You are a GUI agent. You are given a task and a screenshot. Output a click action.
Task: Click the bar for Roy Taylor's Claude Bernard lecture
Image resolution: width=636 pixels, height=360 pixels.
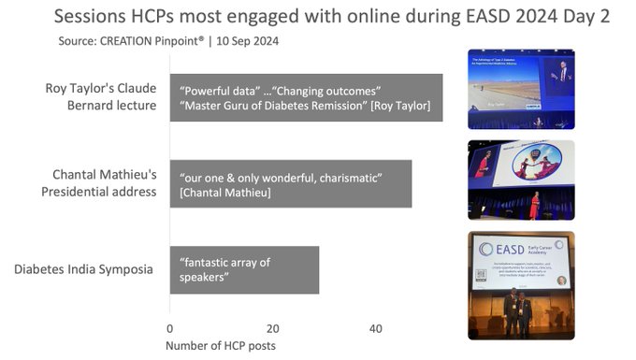click(306, 98)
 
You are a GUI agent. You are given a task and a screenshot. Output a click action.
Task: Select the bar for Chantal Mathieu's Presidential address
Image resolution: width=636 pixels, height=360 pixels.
click(290, 184)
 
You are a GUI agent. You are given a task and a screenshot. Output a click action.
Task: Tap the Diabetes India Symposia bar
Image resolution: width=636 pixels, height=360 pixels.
click(244, 269)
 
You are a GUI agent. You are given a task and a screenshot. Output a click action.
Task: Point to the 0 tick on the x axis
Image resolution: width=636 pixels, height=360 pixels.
click(169, 329)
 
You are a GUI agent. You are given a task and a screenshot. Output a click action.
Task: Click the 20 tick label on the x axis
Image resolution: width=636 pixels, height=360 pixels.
click(272, 329)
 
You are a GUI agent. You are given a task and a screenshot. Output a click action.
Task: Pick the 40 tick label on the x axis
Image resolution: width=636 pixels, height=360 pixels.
click(375, 329)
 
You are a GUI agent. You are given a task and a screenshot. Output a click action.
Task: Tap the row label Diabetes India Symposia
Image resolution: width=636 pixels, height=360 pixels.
click(84, 270)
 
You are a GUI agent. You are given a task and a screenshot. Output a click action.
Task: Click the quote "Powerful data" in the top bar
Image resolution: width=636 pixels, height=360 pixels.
click(219, 90)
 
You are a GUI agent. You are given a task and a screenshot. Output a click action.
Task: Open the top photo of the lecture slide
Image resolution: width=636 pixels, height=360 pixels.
click(520, 89)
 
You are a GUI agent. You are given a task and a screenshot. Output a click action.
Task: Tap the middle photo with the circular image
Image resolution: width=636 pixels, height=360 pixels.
click(520, 179)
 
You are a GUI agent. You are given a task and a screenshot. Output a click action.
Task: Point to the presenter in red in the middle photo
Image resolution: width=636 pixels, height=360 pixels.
click(533, 204)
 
